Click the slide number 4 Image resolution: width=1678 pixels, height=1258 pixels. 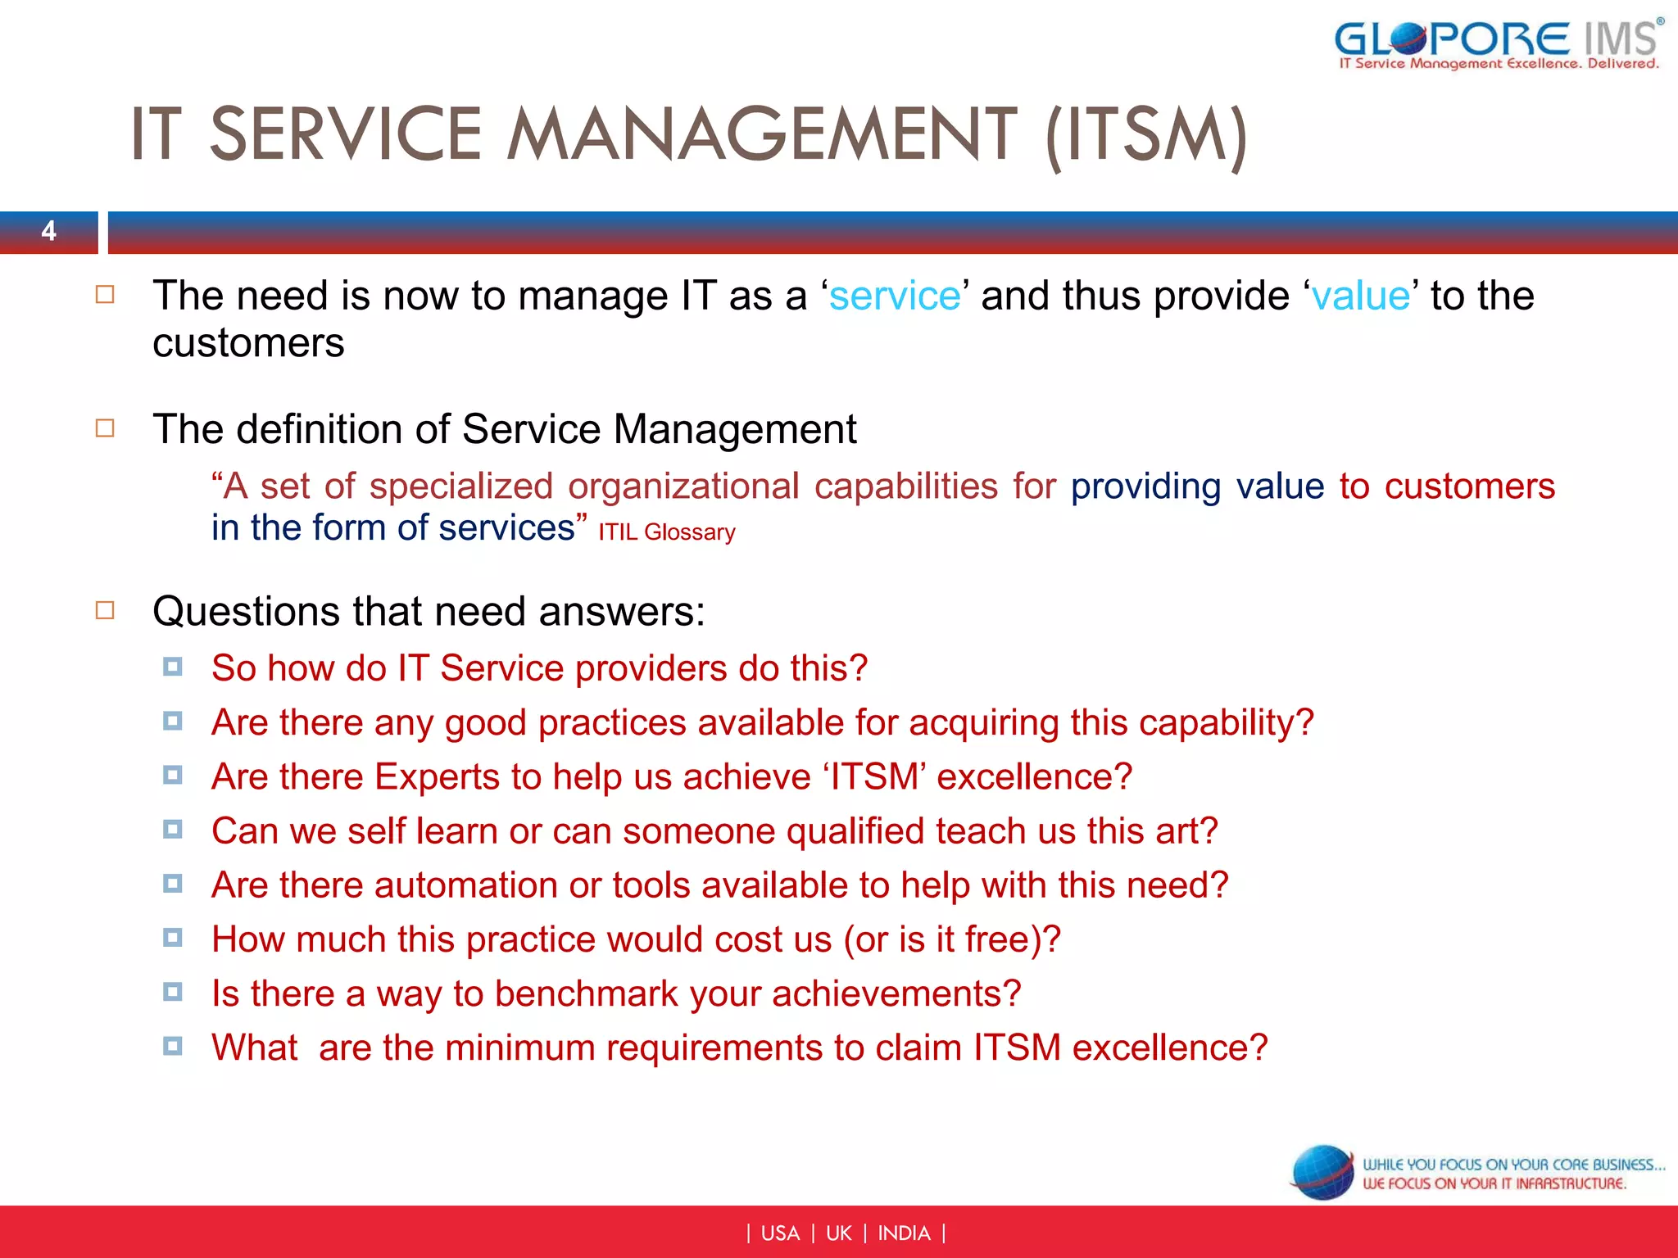pos(49,231)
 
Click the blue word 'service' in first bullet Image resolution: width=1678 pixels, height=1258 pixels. pos(894,296)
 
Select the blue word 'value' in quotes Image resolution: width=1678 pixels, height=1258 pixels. pos(1360,296)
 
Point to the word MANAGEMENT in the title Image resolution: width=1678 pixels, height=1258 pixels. pos(762,135)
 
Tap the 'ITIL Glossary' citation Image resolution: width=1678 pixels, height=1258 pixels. pos(666,532)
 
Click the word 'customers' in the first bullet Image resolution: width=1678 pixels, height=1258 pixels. pos(248,343)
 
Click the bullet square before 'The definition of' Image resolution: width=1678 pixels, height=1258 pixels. pos(105,428)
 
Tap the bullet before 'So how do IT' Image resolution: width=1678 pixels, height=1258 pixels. pos(172,667)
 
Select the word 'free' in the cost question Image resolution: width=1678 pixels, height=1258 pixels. pos(997,939)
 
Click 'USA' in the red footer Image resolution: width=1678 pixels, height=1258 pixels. pos(779,1233)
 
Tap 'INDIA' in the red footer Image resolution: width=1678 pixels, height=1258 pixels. pos(904,1233)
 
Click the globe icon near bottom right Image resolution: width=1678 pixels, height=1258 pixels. pos(1322,1172)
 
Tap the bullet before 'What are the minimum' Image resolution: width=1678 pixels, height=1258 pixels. pos(172,1046)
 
